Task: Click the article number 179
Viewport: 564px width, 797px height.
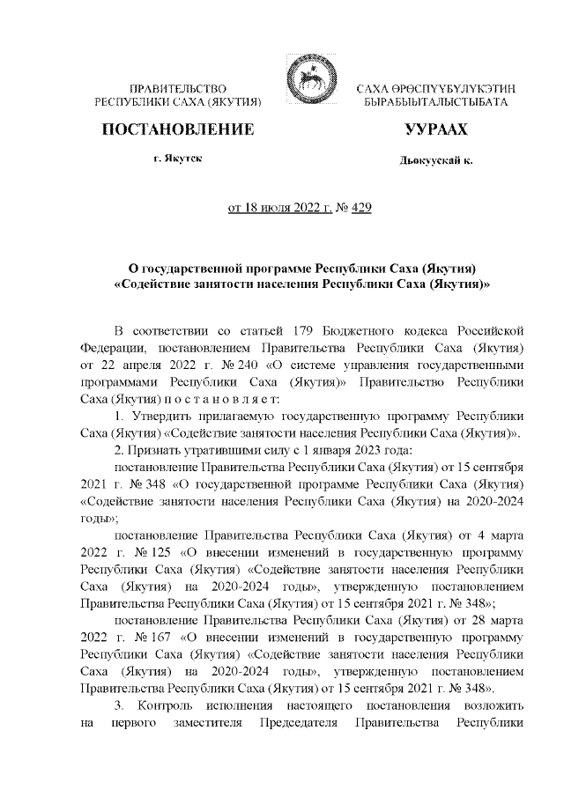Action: click(307, 330)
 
